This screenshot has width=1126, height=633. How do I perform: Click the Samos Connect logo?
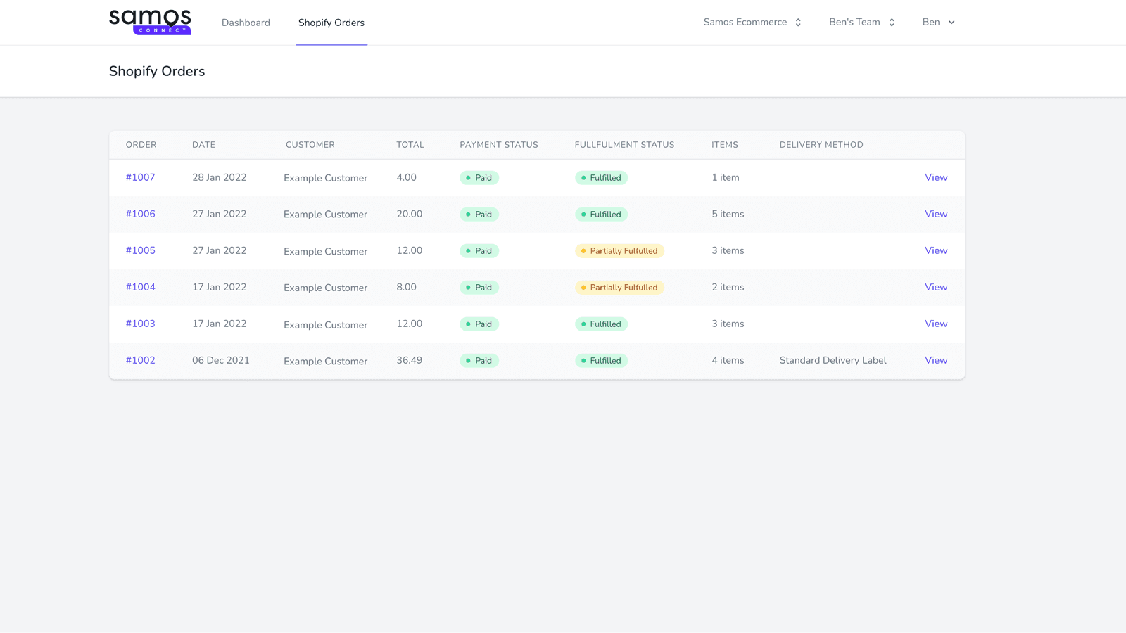click(x=150, y=22)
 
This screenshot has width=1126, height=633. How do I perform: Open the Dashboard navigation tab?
click(x=246, y=23)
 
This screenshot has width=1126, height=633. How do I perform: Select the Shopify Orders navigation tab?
click(x=331, y=23)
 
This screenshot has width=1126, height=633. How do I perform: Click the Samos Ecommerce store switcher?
click(x=752, y=22)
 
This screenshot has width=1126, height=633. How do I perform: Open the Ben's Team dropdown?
click(x=861, y=22)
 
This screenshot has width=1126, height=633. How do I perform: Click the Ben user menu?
click(x=938, y=22)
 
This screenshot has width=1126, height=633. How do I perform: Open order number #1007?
click(x=140, y=177)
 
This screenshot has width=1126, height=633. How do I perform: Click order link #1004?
click(x=140, y=287)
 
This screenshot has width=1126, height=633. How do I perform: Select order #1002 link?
click(x=140, y=360)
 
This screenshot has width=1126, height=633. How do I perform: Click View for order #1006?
click(x=936, y=214)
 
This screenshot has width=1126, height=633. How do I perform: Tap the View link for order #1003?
click(x=936, y=324)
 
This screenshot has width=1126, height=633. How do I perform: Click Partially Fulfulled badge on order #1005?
click(x=619, y=251)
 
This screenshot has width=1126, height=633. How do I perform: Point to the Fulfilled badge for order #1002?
click(x=601, y=361)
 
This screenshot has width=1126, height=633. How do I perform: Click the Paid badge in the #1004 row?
click(x=479, y=288)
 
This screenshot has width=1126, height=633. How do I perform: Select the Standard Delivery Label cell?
click(x=833, y=360)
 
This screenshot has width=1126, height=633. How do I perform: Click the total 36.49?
click(x=409, y=360)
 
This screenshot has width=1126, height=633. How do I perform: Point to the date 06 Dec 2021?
click(x=220, y=360)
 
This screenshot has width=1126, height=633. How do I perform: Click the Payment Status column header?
click(x=499, y=145)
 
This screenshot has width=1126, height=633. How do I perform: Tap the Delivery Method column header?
click(x=821, y=145)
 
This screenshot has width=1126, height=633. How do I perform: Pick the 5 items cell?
click(x=728, y=214)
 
